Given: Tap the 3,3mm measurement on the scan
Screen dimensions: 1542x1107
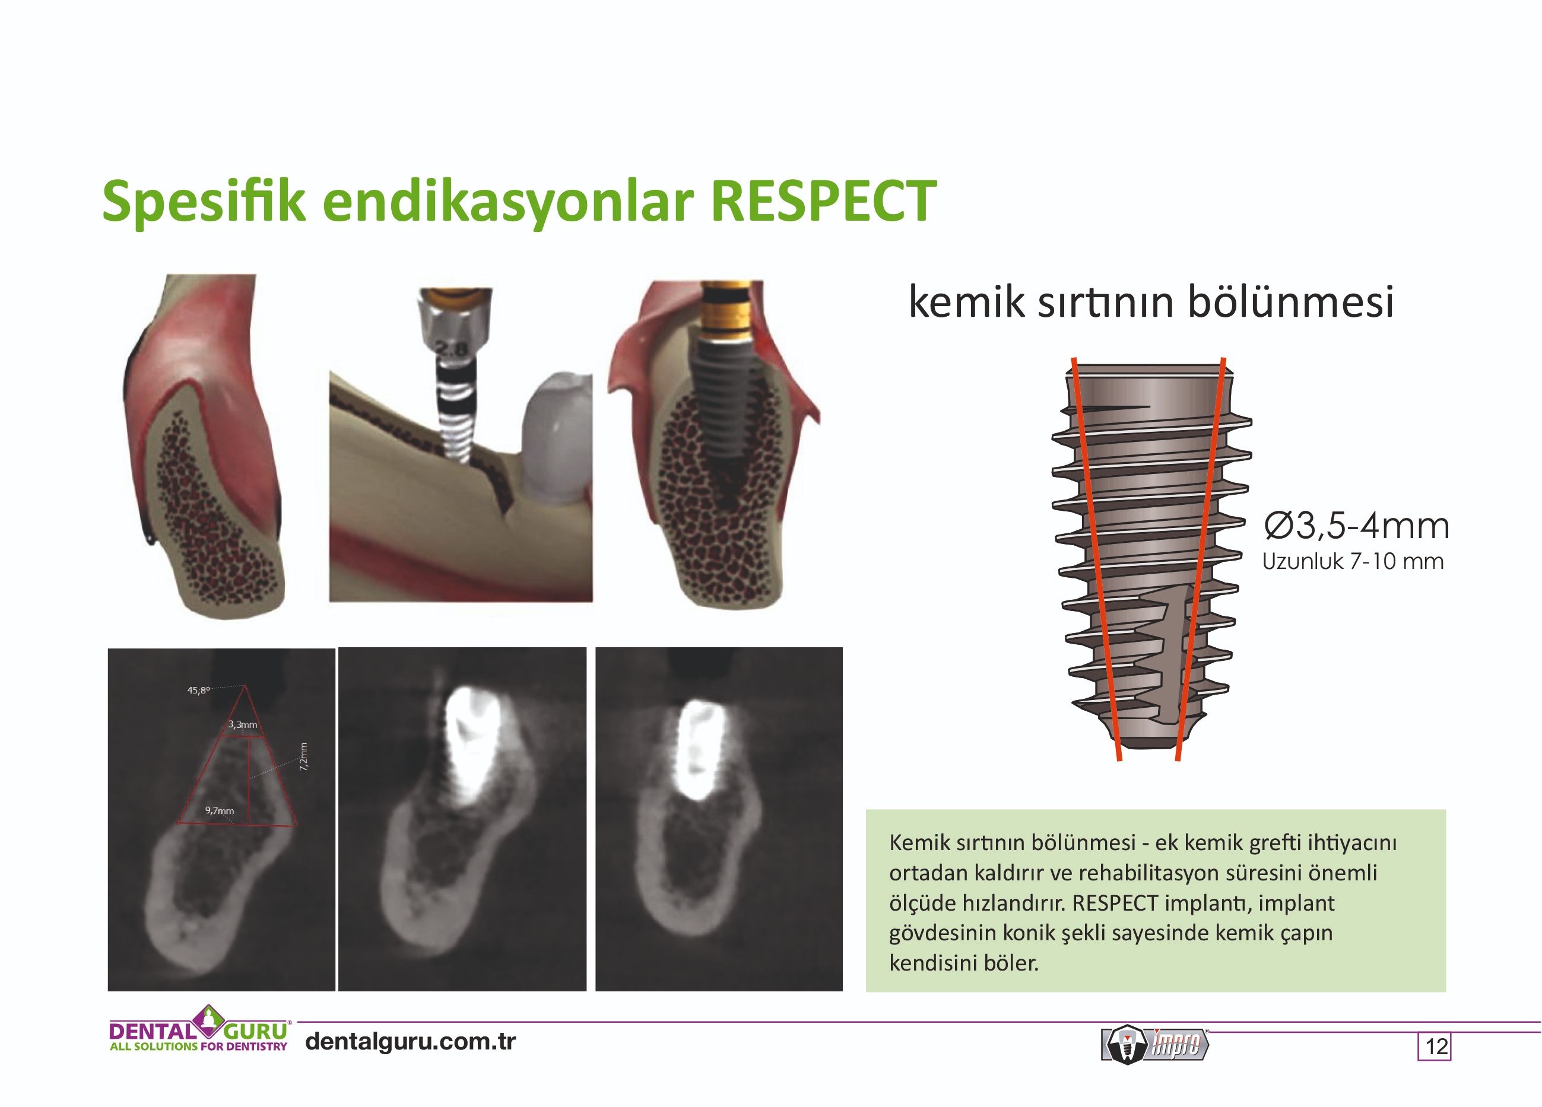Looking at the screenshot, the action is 243,724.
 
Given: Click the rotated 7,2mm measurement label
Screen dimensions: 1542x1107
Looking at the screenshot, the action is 304,756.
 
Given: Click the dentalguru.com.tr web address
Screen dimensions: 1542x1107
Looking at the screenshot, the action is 411,1041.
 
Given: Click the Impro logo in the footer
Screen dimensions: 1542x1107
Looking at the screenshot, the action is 1155,1044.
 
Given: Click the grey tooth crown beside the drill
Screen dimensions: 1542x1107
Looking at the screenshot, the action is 556,435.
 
